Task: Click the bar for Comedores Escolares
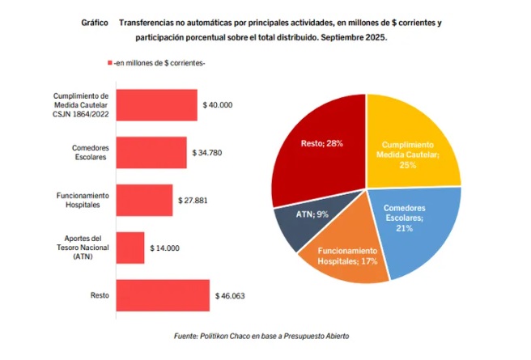(151, 152)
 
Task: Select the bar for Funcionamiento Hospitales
(144, 200)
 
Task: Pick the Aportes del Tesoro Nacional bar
(130, 248)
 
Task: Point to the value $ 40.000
(219, 105)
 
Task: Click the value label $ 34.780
(208, 152)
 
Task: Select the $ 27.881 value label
(193, 200)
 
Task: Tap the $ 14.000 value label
(165, 248)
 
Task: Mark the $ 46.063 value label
(230, 295)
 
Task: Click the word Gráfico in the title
(96, 23)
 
